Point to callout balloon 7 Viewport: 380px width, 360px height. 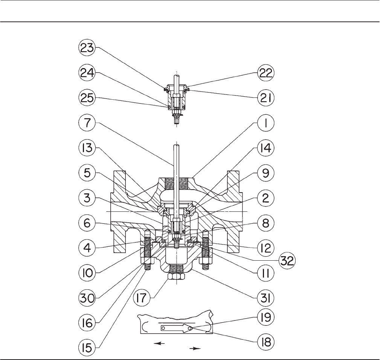tap(87, 124)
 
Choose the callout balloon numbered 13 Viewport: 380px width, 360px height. tap(87, 148)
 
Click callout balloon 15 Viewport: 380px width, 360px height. tap(87, 342)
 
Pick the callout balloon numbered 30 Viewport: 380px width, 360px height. tap(87, 299)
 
